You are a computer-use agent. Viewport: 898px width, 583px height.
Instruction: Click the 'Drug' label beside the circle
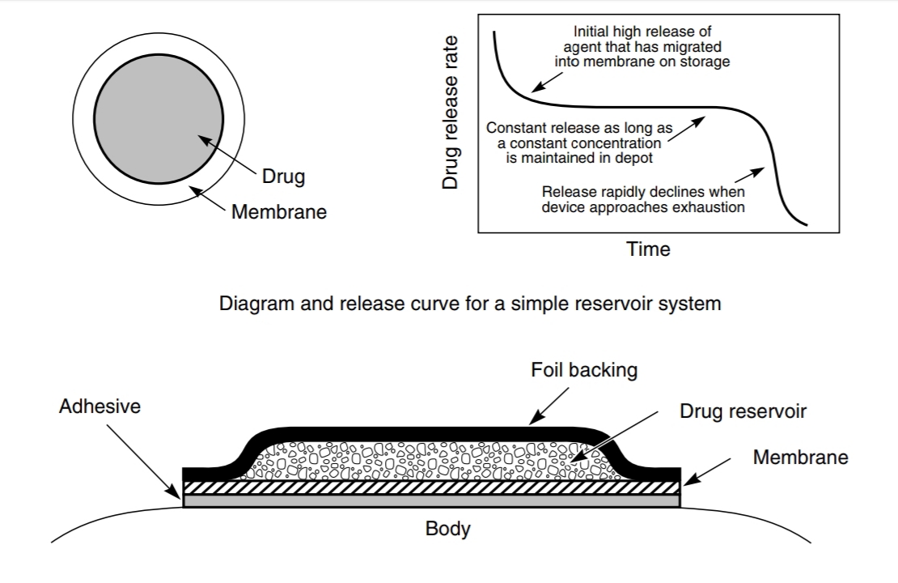pos(283,177)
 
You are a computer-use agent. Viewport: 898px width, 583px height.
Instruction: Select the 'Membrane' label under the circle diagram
pos(279,212)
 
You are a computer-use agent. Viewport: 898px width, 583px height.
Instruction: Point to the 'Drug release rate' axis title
pos(451,113)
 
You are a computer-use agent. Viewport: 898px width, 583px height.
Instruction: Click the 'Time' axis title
pos(648,249)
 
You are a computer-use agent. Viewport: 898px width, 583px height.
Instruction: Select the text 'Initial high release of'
pos(642,32)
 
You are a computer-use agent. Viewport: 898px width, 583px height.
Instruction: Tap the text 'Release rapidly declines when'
pos(643,192)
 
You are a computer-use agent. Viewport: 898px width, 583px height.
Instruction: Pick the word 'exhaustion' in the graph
pos(712,206)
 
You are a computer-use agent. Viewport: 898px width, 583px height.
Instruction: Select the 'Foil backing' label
pos(584,370)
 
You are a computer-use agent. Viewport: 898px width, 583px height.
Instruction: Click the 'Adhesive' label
pos(100,406)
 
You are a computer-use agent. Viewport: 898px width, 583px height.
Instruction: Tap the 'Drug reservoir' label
pos(743,411)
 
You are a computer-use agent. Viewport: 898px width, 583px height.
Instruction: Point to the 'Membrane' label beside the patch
pos(800,457)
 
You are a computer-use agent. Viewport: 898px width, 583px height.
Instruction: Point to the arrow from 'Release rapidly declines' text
pos(749,173)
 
